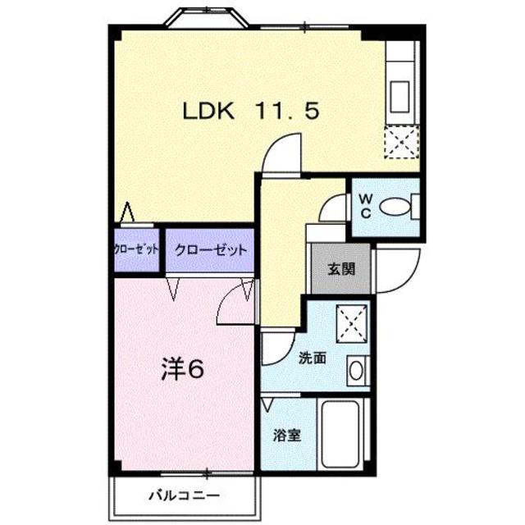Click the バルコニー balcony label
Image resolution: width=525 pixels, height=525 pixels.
pyautogui.click(x=185, y=495)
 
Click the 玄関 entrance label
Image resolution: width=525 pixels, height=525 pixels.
pyautogui.click(x=337, y=267)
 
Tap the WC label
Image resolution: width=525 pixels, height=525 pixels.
pyautogui.click(x=365, y=204)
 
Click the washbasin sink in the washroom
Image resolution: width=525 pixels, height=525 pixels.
pyautogui.click(x=356, y=370)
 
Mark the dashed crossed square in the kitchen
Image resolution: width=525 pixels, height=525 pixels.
pyautogui.click(x=402, y=141)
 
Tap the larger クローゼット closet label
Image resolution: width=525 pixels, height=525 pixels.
pyautogui.click(x=208, y=250)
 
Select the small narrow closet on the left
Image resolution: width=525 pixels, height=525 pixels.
pyautogui.click(x=136, y=250)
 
